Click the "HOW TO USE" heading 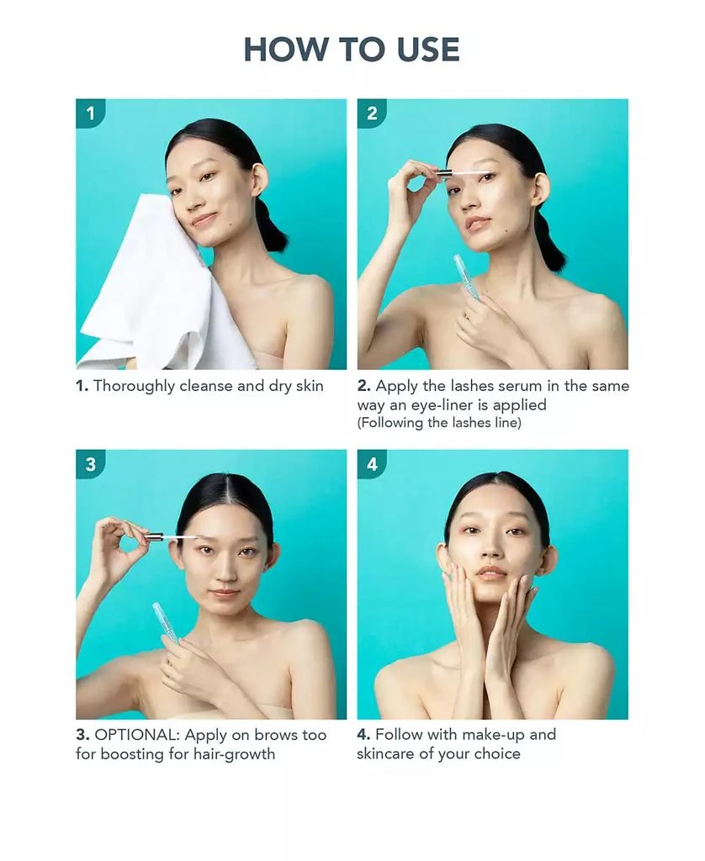[x=352, y=50]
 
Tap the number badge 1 [x=90, y=114]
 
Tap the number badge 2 [x=372, y=114]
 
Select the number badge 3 [x=90, y=464]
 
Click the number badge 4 [x=372, y=464]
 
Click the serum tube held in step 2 [x=466, y=277]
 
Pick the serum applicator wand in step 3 [x=172, y=537]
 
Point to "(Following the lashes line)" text [x=439, y=423]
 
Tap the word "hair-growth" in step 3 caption [x=234, y=754]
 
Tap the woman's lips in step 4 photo [x=490, y=573]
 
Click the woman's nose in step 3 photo [x=225, y=571]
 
